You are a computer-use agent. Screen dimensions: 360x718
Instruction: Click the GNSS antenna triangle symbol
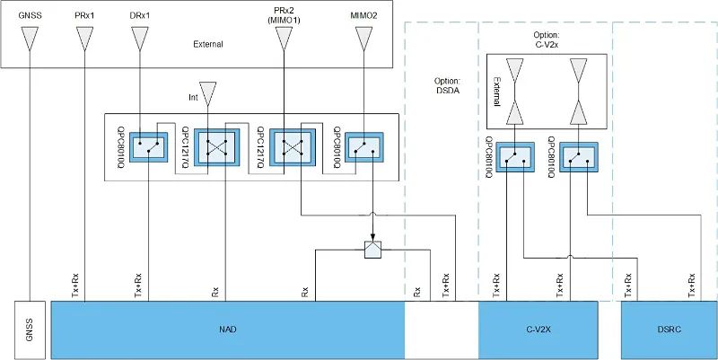click(x=30, y=37)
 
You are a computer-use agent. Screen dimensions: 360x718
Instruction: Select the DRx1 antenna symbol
click(x=139, y=37)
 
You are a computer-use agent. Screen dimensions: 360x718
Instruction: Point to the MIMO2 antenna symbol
click(x=363, y=37)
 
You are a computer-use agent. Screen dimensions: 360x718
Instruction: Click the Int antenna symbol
click(x=207, y=92)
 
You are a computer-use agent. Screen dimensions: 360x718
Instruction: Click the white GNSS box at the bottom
click(x=30, y=329)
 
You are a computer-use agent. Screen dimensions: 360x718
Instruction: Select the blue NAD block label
click(x=227, y=329)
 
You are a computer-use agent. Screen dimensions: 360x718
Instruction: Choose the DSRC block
click(x=669, y=329)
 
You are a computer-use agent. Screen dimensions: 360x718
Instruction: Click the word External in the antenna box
click(x=207, y=43)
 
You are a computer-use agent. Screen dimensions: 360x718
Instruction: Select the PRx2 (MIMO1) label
click(x=283, y=13)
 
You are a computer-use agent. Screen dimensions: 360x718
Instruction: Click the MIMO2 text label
click(x=363, y=13)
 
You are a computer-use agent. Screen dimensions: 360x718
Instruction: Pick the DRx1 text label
click(x=139, y=13)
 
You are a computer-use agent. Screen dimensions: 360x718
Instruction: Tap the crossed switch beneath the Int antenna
click(x=215, y=145)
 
